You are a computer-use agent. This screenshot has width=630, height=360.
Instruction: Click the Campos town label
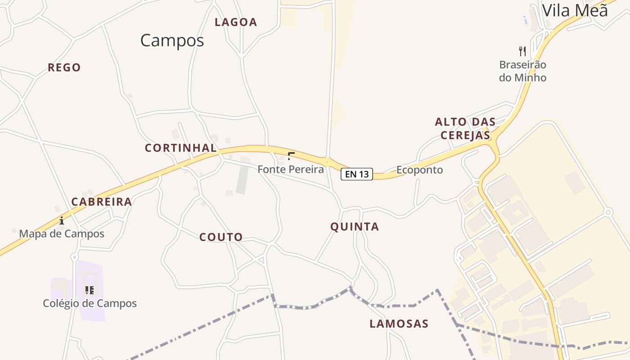coord(172,40)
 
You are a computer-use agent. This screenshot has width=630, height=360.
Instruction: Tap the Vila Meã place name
coord(575,10)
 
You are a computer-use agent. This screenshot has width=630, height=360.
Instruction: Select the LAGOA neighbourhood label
coord(236,22)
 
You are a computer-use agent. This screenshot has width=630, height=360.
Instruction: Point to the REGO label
coord(64,67)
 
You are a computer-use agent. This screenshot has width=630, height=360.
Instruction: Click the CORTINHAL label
coord(180,148)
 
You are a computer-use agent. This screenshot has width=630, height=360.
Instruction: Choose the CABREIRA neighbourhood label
coord(102,202)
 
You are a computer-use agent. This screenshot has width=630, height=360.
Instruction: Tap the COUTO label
coord(221,237)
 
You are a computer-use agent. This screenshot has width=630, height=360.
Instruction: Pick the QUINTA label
coord(355,227)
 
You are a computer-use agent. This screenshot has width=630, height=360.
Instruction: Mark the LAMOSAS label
coord(399,324)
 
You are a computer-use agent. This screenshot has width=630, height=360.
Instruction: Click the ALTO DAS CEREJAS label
coord(465,128)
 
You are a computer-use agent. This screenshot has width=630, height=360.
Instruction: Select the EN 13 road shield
coord(357,174)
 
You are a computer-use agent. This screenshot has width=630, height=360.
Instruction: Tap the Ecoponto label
coord(419,170)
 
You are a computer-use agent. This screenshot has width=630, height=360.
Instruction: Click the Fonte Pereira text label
coord(291,169)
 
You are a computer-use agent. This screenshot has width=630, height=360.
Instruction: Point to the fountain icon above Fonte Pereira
coord(291,156)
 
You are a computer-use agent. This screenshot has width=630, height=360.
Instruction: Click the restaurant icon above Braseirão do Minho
coord(522,51)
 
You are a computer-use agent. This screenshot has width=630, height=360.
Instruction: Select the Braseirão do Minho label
coord(522,71)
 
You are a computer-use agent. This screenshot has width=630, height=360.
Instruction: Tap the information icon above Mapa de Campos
coord(62,220)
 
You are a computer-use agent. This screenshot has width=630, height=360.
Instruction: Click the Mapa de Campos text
coord(62,234)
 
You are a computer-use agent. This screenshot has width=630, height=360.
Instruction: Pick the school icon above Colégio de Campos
coord(89,290)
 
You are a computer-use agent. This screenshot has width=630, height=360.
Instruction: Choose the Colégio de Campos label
coord(90,303)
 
